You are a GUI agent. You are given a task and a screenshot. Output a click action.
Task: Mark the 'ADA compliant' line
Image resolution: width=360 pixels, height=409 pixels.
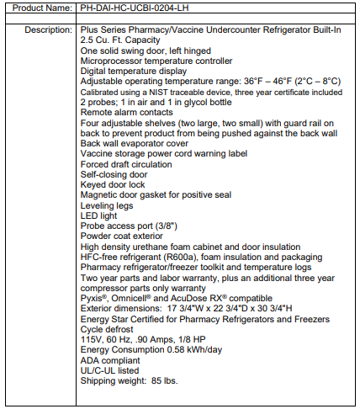(113, 360)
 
